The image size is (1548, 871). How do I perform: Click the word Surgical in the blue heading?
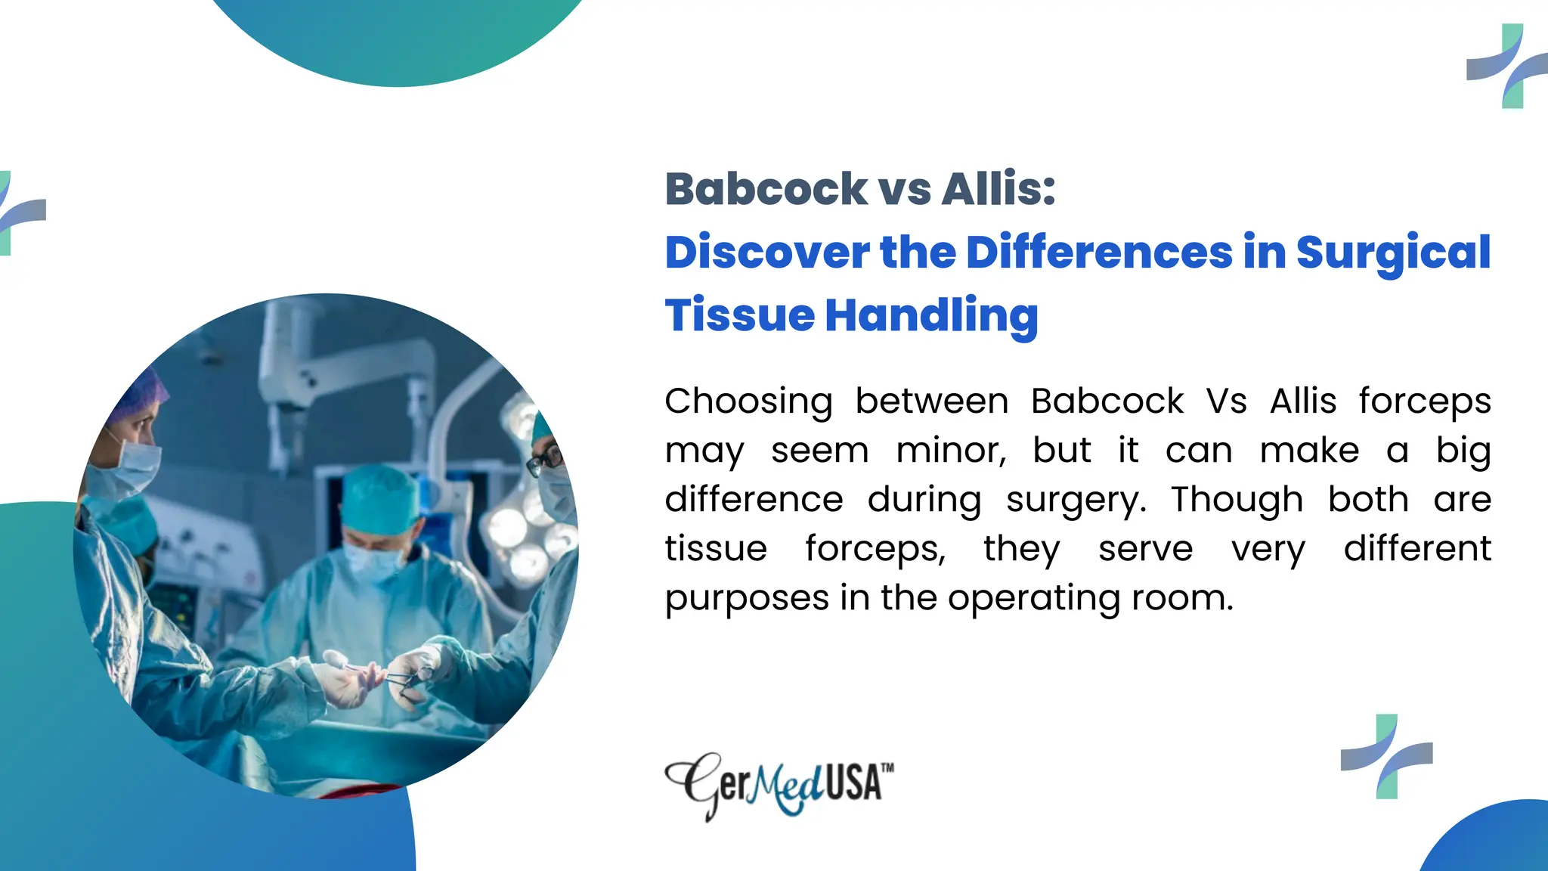pyautogui.click(x=1393, y=253)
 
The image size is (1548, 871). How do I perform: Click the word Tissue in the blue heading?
pyautogui.click(x=739, y=315)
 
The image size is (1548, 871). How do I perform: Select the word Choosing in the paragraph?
pyautogui.click(x=748, y=401)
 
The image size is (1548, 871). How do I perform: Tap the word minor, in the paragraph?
pyautogui.click(x=951, y=451)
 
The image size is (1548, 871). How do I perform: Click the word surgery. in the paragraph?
pyautogui.click(x=1076, y=500)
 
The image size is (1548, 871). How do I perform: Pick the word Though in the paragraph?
pyautogui.click(x=1237, y=500)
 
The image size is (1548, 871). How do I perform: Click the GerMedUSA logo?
pyautogui.click(x=779, y=784)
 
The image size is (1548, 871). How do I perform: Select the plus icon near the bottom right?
pyautogui.click(x=1386, y=756)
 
